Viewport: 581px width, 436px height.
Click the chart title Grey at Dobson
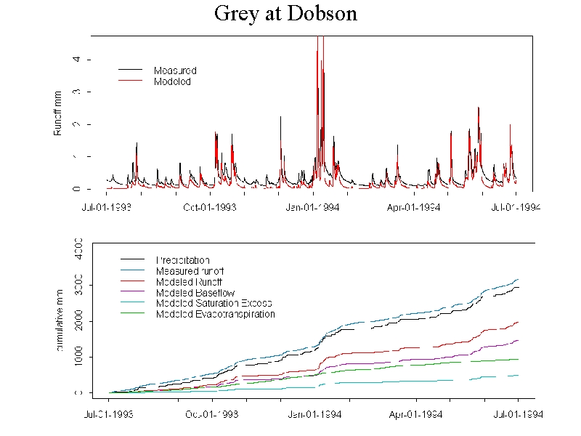(x=285, y=14)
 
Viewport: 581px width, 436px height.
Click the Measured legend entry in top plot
(x=175, y=70)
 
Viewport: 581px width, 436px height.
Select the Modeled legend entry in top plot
(x=172, y=81)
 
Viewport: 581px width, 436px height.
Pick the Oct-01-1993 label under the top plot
(x=210, y=207)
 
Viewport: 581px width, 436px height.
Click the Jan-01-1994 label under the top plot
(x=313, y=207)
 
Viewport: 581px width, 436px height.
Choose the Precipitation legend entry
(x=182, y=259)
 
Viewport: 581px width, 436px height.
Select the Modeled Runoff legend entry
(x=189, y=281)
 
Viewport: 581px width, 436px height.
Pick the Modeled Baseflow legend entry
(x=194, y=292)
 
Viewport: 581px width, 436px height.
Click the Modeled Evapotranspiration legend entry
(x=215, y=314)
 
